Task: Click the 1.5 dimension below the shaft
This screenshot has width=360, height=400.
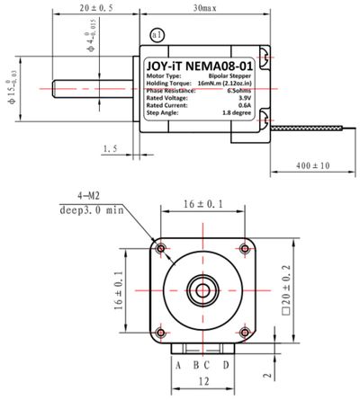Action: pyautogui.click(x=111, y=148)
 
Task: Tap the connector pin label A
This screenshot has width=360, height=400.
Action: pyautogui.click(x=179, y=364)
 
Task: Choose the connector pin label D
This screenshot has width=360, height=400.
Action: pyautogui.click(x=226, y=364)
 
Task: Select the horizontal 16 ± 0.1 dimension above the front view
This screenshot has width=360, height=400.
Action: pyautogui.click(x=203, y=206)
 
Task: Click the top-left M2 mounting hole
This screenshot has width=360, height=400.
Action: pyautogui.click(x=161, y=248)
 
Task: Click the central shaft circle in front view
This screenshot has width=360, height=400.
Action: pyautogui.click(x=203, y=290)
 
